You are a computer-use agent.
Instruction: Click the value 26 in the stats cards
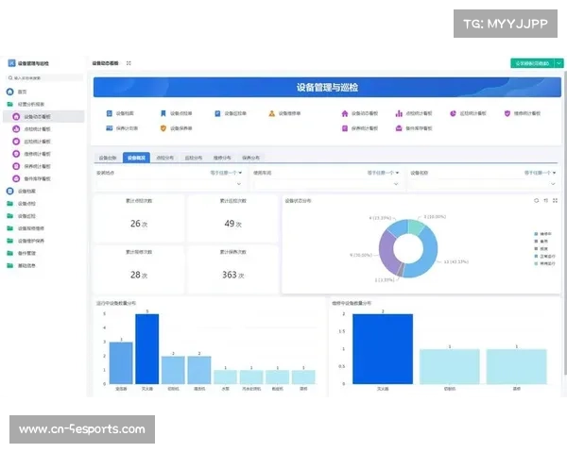[x=134, y=224]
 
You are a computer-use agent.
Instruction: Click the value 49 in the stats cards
[x=230, y=224]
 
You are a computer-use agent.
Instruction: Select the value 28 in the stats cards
[x=134, y=275]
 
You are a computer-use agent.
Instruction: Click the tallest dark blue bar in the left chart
[x=146, y=348]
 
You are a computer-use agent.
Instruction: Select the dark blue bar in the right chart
[x=383, y=348]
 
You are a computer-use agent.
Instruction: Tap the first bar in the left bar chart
[x=121, y=362]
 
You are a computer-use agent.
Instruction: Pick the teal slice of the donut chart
[x=413, y=227]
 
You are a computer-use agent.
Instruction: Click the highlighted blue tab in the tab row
[x=136, y=159]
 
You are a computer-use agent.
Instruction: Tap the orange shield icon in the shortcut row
[x=163, y=127]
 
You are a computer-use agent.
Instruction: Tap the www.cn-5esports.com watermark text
[x=82, y=429]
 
